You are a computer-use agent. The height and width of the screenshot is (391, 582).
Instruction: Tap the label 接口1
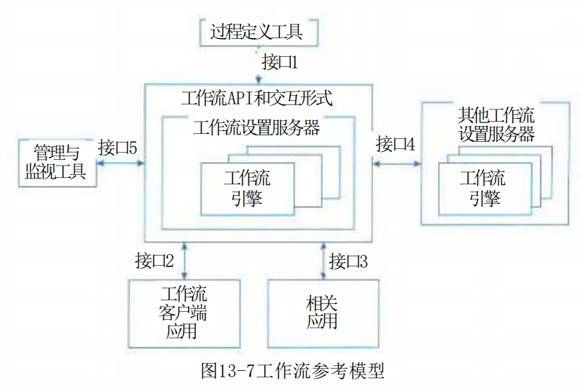[280, 62]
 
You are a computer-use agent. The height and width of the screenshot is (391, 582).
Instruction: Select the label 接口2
[154, 261]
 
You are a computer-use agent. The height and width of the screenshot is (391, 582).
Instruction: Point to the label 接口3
[348, 261]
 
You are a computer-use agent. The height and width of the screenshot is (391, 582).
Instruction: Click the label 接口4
[395, 144]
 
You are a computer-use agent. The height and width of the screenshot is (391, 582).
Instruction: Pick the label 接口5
[117, 148]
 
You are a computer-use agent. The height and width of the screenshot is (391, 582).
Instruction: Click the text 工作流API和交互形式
[256, 99]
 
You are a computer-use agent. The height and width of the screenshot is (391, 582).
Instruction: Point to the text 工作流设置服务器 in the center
[256, 127]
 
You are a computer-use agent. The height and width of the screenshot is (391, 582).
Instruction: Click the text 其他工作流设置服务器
[496, 125]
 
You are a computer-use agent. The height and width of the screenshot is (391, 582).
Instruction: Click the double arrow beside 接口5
[120, 163]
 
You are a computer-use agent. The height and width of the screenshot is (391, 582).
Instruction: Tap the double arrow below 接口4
[397, 163]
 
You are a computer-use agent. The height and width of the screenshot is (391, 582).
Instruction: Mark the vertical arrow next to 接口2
[184, 261]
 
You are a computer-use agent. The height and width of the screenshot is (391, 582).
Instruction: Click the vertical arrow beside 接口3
[323, 261]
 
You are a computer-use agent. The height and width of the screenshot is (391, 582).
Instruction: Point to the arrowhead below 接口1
[259, 79]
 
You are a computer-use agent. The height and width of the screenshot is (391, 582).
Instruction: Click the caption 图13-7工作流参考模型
[292, 371]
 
